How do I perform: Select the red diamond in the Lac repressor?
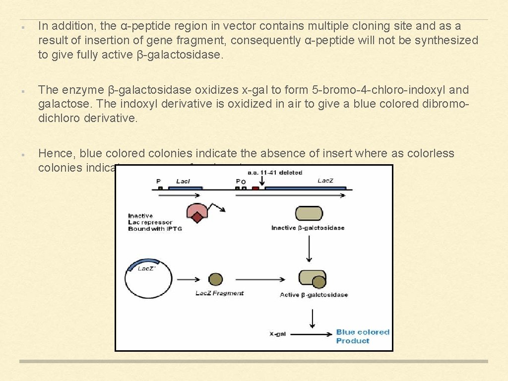point(197,217)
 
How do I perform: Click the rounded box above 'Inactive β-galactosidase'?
point(309,214)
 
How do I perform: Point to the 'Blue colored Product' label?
point(362,336)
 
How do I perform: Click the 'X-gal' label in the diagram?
point(278,334)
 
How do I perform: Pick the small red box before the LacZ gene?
point(255,189)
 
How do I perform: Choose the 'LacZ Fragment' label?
point(220,293)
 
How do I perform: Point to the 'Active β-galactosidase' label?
point(314,295)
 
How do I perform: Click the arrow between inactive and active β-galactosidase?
point(309,248)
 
